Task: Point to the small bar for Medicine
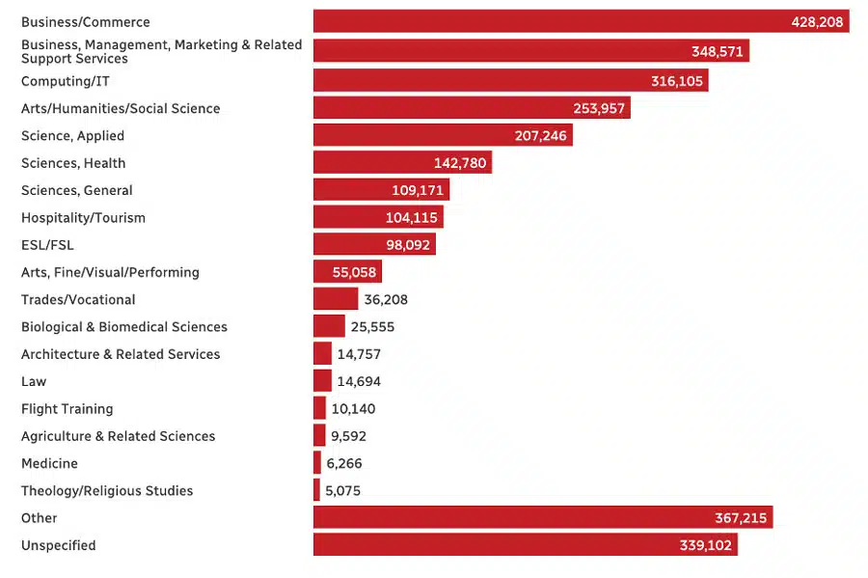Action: (317, 463)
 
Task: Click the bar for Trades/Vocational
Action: (335, 299)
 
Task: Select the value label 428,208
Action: (817, 21)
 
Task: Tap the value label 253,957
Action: (598, 108)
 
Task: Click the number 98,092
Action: (403, 245)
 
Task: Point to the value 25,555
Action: (372, 327)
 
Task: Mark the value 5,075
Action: (342, 490)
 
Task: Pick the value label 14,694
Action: (359, 381)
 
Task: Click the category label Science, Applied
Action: (72, 136)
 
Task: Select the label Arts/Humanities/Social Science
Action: (121, 108)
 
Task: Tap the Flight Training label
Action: (67, 409)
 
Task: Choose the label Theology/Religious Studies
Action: (107, 490)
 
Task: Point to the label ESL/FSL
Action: (47, 245)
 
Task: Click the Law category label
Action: (34, 381)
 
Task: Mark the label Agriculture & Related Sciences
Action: (118, 436)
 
